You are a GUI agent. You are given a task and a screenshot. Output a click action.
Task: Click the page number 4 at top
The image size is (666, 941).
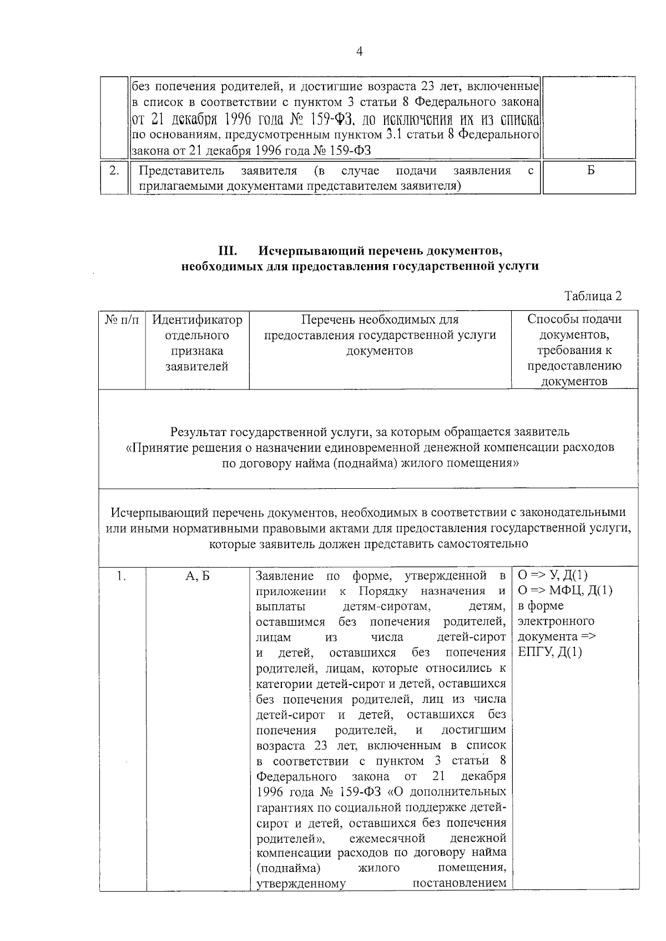(359, 52)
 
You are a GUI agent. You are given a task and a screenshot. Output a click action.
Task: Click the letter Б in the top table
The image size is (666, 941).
(591, 170)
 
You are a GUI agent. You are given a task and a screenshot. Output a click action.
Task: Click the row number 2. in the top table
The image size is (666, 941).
(114, 170)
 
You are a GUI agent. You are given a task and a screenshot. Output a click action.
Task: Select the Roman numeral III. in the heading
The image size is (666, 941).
(228, 251)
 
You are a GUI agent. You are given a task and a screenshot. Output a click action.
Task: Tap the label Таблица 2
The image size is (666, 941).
(593, 296)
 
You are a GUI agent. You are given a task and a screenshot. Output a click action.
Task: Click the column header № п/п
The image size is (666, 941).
(122, 320)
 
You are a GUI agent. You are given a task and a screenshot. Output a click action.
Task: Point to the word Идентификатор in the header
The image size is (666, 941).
(197, 320)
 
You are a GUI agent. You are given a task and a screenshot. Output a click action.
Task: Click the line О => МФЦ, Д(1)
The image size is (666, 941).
(564, 590)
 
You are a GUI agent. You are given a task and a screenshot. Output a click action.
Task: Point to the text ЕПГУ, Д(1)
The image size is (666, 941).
(549, 652)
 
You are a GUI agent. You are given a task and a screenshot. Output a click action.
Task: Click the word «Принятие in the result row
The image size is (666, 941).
(151, 447)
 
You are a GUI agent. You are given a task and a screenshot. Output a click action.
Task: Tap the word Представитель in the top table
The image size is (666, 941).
(181, 170)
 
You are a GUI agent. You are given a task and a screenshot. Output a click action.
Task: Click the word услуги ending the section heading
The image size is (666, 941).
(521, 266)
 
